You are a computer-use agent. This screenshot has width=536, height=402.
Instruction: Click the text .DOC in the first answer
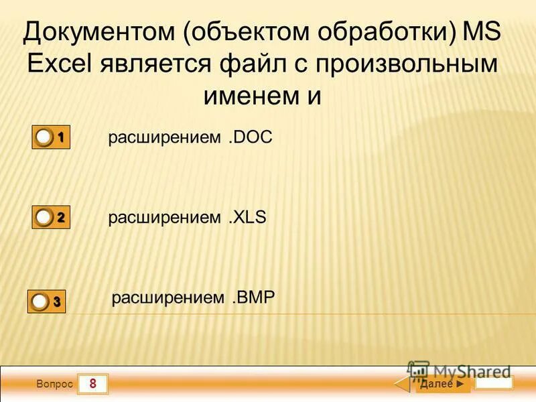coord(249,137)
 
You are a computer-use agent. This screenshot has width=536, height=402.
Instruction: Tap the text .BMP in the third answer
coord(253,297)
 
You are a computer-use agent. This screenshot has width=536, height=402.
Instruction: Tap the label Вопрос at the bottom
coord(54,385)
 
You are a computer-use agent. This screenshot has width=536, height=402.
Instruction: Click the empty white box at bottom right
coord(494,383)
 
